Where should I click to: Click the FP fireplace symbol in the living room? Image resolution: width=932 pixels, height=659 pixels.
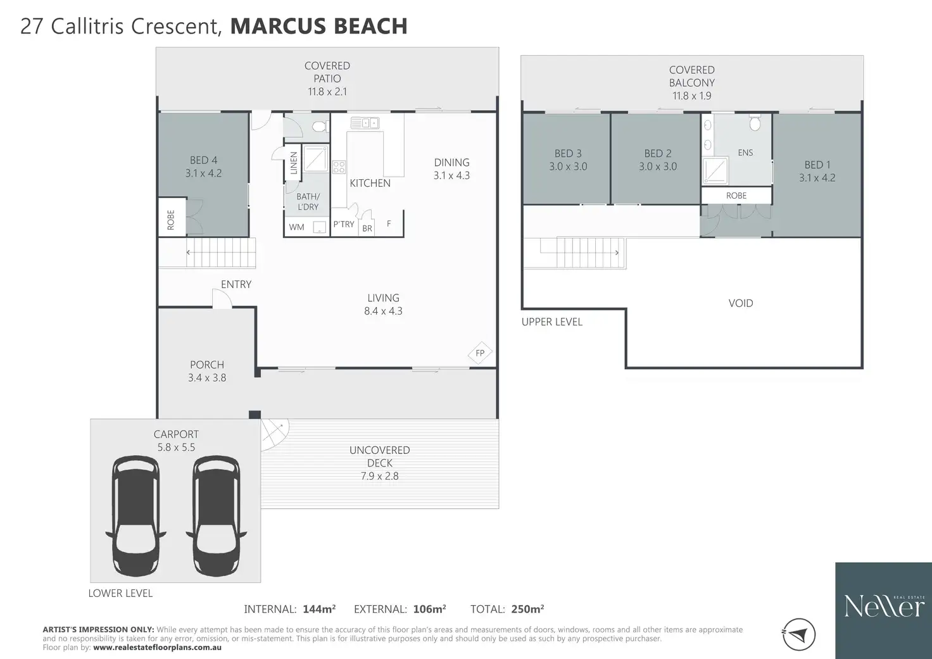[x=480, y=353]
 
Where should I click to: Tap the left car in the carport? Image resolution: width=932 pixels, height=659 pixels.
[x=135, y=516]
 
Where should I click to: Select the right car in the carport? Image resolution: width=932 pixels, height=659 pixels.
[x=217, y=516]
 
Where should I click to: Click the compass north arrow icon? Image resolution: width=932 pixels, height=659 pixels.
[x=798, y=634]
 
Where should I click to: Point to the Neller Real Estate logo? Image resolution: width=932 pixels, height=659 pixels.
[x=884, y=610]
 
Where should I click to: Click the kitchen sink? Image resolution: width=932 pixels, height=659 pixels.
[x=365, y=123]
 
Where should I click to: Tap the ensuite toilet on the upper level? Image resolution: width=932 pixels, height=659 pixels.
[x=755, y=122]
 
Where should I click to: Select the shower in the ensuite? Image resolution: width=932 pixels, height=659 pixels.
[x=715, y=170]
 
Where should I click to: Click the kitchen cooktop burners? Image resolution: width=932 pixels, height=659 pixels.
[x=339, y=167]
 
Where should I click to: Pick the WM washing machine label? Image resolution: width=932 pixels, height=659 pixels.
[x=297, y=227]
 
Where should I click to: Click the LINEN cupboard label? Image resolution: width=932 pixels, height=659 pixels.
[x=294, y=163]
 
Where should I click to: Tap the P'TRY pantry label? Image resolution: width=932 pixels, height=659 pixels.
[x=344, y=224]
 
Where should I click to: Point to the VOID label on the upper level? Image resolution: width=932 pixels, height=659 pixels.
[x=741, y=303]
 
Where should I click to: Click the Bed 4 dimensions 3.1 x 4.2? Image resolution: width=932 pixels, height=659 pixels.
[x=203, y=173]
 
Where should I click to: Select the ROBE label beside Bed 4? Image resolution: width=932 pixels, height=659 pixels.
[x=170, y=220]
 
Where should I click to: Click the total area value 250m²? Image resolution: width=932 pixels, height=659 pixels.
[x=527, y=609]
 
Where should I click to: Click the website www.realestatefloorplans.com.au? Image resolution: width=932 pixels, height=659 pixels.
[x=157, y=648]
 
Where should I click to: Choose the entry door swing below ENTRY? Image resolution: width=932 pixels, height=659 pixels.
[x=222, y=298]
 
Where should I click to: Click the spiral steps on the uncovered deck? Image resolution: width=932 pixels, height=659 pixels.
[x=274, y=434]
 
